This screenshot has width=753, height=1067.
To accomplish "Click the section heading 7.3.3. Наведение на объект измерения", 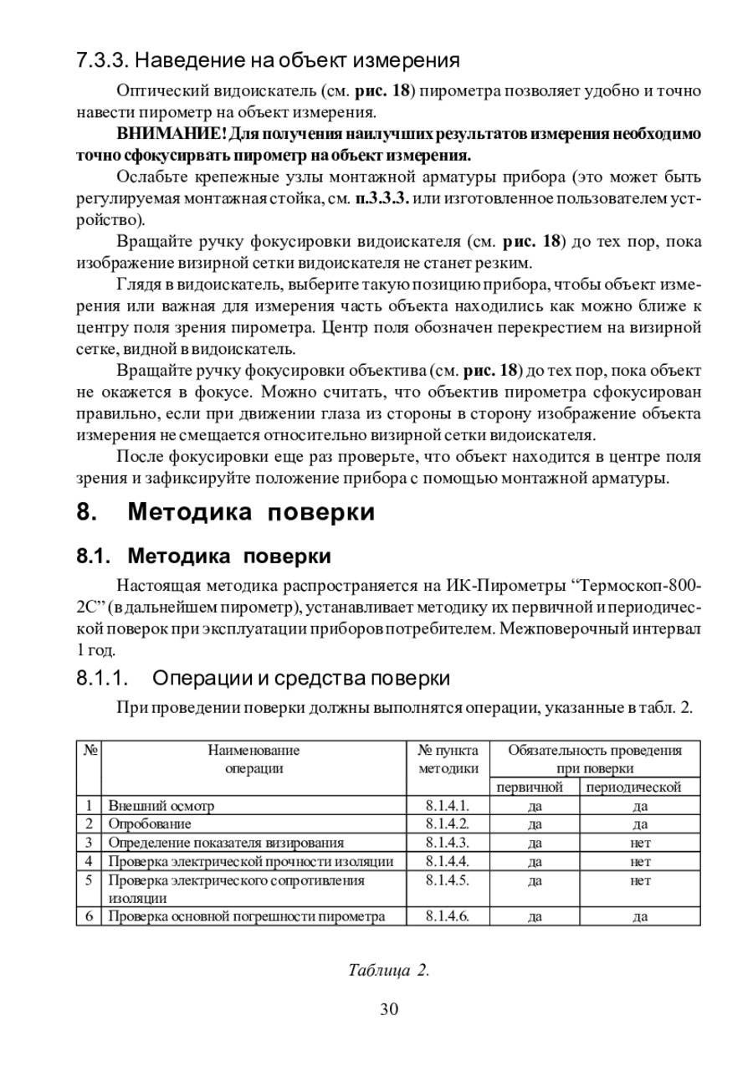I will tap(269, 61).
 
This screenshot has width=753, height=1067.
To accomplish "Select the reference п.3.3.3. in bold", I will tap(382, 198).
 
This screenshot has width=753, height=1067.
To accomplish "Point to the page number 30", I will tap(389, 1008).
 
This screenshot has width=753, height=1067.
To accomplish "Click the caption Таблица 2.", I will tap(389, 970).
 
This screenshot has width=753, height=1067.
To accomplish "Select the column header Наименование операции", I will tap(254, 759).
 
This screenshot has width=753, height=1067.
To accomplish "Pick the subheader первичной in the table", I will tap(530, 787).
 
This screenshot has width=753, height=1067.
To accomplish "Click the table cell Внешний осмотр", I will tap(161, 806).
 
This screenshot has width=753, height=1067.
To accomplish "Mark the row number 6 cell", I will tap(89, 916).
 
